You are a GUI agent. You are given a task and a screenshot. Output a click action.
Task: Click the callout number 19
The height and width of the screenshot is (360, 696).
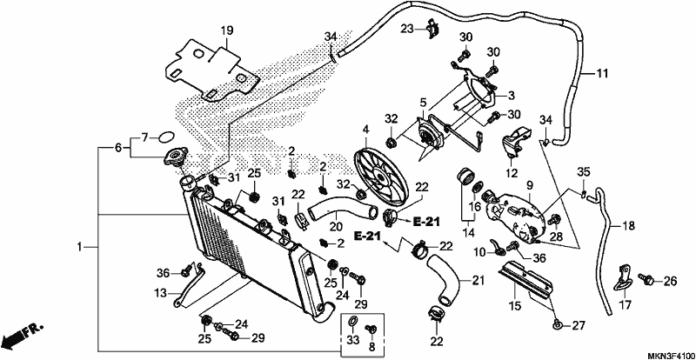[227, 30]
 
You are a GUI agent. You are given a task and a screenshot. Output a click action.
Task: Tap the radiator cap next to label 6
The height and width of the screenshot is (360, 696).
[175, 157]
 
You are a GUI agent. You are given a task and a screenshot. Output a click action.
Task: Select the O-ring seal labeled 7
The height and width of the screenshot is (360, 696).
[165, 137]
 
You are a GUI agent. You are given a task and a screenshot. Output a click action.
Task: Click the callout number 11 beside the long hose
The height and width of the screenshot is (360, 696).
[601, 74]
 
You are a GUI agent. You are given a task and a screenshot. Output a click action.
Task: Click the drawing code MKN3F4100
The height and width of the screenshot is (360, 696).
[670, 356]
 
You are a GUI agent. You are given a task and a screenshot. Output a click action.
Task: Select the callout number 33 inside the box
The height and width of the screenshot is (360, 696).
[352, 341]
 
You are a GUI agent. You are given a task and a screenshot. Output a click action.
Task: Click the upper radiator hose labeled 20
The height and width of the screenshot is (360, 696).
[342, 210]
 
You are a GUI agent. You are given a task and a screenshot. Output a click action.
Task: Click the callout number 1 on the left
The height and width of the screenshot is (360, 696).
[79, 247]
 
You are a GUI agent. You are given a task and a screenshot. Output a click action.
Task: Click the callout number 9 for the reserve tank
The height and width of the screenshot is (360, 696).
[530, 183]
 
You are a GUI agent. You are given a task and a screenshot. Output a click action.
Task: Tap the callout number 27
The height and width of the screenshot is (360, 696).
[579, 325]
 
